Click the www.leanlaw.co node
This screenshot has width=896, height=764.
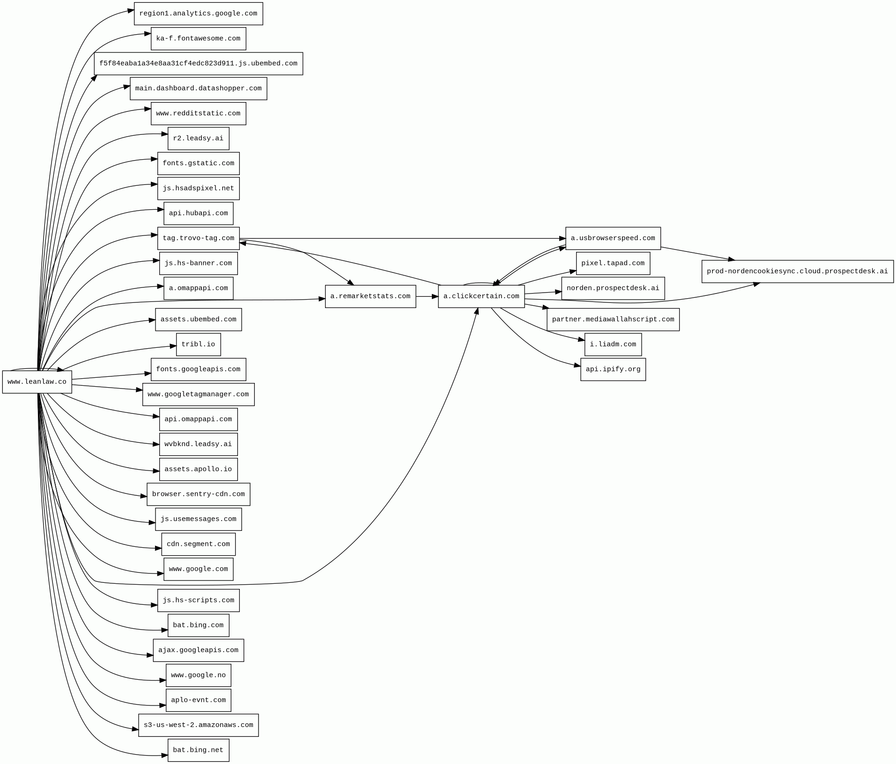(37, 382)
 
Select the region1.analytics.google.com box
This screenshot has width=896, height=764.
(198, 14)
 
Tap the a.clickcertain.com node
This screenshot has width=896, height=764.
(481, 296)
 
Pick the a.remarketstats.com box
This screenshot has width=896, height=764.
(370, 296)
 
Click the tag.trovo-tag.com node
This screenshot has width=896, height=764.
(198, 238)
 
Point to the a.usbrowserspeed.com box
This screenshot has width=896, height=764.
(613, 238)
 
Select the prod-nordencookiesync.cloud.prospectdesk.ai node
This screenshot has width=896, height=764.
(797, 272)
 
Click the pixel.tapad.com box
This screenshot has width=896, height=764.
(613, 264)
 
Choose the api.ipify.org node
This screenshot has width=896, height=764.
(613, 369)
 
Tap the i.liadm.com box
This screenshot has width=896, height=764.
(613, 345)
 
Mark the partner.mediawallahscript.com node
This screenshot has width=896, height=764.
(613, 320)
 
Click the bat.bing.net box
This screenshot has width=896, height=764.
(198, 750)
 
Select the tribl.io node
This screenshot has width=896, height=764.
(198, 345)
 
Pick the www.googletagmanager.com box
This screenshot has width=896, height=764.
(198, 395)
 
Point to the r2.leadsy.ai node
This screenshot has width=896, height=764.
(198, 139)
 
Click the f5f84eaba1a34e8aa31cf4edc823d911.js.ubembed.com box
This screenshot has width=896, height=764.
(198, 64)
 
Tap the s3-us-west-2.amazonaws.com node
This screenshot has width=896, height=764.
(198, 725)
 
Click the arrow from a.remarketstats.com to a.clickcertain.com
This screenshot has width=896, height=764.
(427, 296)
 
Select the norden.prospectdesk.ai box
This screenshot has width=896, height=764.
(613, 288)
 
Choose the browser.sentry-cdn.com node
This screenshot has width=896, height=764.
(198, 494)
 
